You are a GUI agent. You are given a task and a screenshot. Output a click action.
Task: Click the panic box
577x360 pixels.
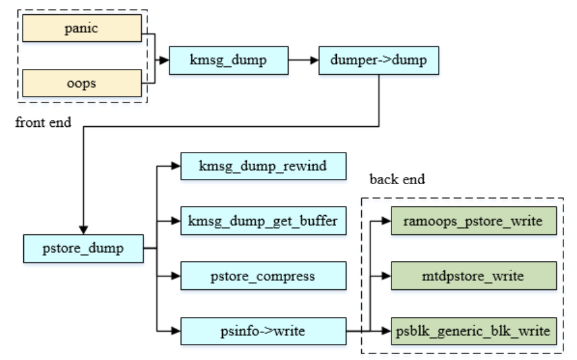[x=82, y=29]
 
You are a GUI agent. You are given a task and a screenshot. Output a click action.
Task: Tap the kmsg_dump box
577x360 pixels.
[x=228, y=61]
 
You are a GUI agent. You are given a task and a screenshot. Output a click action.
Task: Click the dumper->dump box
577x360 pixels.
[x=379, y=61]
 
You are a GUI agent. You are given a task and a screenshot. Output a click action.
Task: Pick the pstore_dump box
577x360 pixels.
[x=82, y=248]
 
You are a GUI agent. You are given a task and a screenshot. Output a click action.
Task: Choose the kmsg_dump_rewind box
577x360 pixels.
[x=263, y=166]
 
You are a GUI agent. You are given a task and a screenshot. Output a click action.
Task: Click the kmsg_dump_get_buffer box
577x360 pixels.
[x=263, y=221]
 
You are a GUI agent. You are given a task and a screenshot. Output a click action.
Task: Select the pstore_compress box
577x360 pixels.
[x=263, y=276]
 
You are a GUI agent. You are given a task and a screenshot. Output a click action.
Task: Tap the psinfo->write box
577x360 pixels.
[x=263, y=331]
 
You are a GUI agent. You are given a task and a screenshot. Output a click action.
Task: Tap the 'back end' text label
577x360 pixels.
[x=397, y=180]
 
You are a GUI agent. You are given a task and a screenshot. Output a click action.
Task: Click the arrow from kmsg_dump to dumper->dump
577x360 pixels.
[x=303, y=61]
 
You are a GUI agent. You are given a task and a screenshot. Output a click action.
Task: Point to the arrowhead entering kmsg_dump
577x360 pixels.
[x=165, y=61]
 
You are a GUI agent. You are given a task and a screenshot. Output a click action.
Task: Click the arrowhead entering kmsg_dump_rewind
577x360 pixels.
[x=176, y=166]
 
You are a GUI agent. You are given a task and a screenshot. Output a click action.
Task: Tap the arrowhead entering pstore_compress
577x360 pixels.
[x=176, y=276]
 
